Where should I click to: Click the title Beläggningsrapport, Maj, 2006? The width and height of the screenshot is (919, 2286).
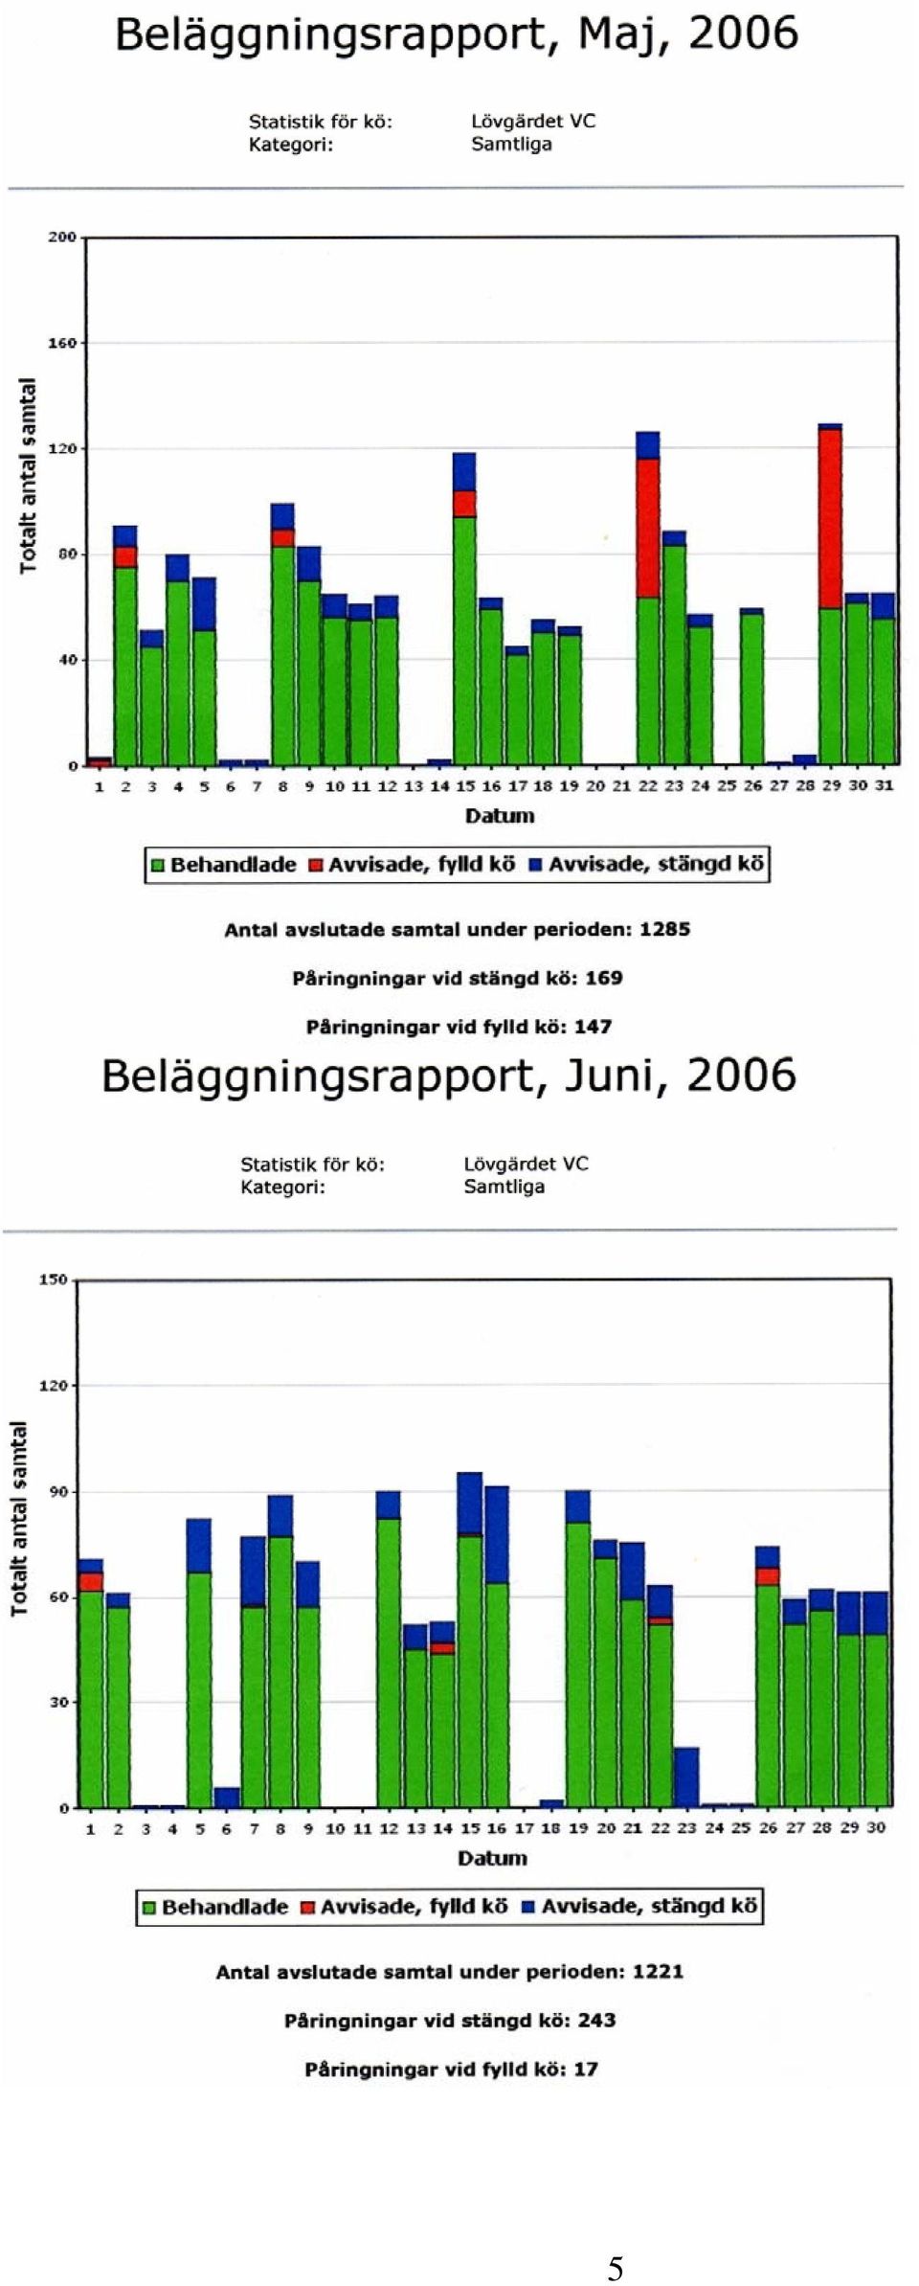tap(457, 35)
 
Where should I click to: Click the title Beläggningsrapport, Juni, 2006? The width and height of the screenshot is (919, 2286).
tap(449, 1075)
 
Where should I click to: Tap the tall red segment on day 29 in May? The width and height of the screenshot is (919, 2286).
tap(830, 518)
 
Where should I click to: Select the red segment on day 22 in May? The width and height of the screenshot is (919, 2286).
tap(648, 528)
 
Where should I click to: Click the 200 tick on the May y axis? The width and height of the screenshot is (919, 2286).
tap(62, 238)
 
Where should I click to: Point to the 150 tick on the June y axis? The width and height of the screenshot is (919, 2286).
tap(54, 1279)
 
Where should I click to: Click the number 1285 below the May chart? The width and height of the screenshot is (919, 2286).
tap(664, 929)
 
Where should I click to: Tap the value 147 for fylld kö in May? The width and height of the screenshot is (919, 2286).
tap(593, 1027)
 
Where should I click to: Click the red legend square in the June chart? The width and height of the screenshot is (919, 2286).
tap(308, 1908)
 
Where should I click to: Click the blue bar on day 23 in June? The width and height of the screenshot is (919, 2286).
tap(686, 1777)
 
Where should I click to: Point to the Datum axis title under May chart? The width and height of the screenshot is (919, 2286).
tap(500, 816)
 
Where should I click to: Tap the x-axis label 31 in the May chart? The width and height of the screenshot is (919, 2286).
tap(884, 785)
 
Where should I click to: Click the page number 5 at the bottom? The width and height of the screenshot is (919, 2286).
tap(616, 2269)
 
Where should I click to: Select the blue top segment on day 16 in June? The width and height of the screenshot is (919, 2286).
tap(497, 1534)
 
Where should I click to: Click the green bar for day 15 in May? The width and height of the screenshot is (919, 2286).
tap(465, 641)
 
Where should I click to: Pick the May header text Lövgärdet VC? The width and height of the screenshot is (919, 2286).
tap(533, 122)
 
